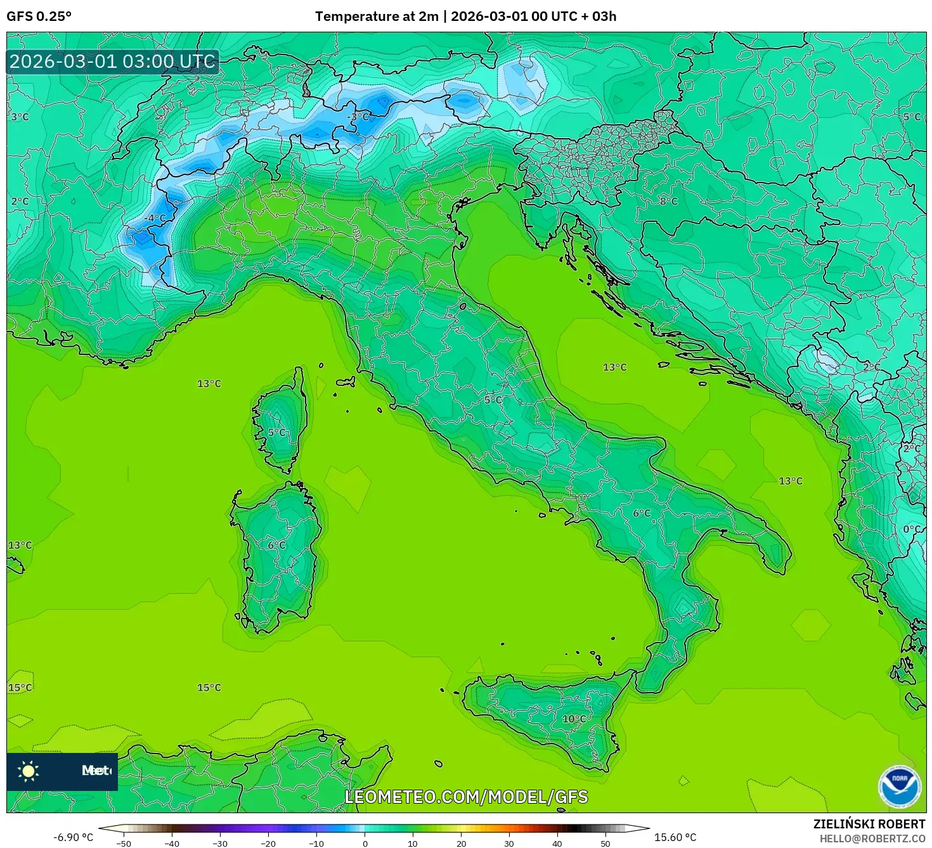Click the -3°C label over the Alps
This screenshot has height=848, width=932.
coord(359,117)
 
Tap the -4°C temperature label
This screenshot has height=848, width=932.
coord(154,218)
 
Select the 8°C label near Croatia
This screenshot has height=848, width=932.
coord(668,201)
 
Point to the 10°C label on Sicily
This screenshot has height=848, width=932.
coord(574,719)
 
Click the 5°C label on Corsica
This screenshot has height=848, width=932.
coord(276,432)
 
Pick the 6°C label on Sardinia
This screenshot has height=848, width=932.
coord(276,545)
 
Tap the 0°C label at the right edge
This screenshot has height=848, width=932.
coord(912,529)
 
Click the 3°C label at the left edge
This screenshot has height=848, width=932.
coord(20,117)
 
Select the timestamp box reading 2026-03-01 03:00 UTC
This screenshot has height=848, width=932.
coord(113,61)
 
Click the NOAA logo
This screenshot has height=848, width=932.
coord(899,787)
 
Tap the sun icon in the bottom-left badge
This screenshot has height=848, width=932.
coord(29,771)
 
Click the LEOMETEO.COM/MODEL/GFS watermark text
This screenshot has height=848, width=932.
coord(466,797)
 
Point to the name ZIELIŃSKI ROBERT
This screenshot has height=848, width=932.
coord(869,824)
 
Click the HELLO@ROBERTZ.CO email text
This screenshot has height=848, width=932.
coord(872,838)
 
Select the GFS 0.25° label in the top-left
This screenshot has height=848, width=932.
coord(39,16)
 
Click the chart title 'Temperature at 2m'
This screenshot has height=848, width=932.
coord(377,16)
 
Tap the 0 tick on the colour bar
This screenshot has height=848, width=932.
coord(365,844)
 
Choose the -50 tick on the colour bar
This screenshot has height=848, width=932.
coord(124,844)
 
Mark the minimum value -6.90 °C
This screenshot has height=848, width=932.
coord(73,837)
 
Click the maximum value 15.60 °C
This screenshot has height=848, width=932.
coord(675,837)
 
